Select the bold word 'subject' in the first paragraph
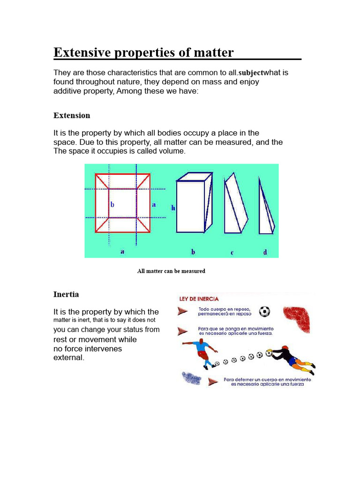[251, 73]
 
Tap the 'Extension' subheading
[72, 115]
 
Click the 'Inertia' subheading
[66, 294]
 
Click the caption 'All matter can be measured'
[171, 271]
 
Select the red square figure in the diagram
[123, 203]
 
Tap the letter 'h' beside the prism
[173, 208]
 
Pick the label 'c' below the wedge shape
[232, 253]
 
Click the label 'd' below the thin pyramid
[265, 252]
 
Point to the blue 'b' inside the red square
[112, 205]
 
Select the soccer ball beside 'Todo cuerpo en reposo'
[265, 311]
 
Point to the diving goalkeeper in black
[291, 356]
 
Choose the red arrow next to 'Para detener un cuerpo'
[213, 381]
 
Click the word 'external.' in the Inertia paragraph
[69, 358]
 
